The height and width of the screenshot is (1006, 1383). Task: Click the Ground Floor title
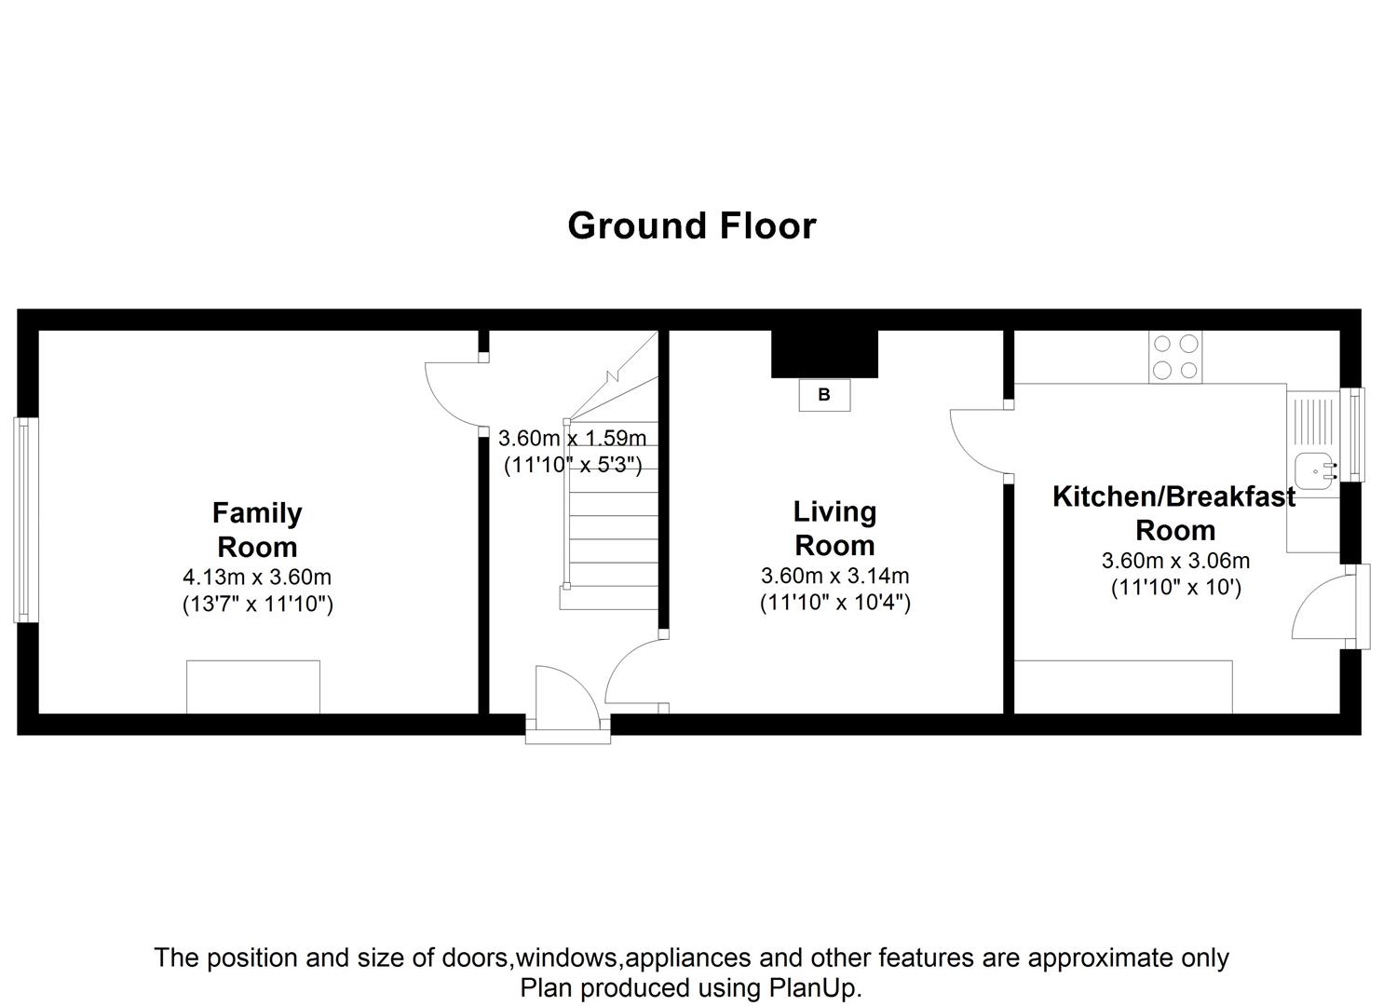pyautogui.click(x=691, y=226)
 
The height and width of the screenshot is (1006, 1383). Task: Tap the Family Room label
pyautogui.click(x=257, y=530)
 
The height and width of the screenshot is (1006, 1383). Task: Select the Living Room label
pyautogui.click(x=834, y=528)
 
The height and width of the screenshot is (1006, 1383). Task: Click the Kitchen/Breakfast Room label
pyautogui.click(x=1173, y=513)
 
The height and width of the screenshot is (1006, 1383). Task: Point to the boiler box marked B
pyautogui.click(x=824, y=395)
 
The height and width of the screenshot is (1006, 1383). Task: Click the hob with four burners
pyautogui.click(x=1175, y=358)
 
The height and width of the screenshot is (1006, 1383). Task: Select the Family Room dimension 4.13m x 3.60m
pyautogui.click(x=257, y=578)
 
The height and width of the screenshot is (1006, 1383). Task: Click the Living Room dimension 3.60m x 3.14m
pyautogui.click(x=834, y=576)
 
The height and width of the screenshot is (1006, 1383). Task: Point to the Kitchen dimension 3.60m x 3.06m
pyautogui.click(x=1175, y=561)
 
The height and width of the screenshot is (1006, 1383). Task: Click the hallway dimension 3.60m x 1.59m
pyautogui.click(x=572, y=438)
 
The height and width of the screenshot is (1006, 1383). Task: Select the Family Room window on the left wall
pyautogui.click(x=26, y=520)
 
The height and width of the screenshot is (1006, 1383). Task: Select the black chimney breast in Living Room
pyautogui.click(x=824, y=354)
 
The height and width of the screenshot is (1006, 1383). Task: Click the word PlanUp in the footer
pyautogui.click(x=814, y=987)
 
